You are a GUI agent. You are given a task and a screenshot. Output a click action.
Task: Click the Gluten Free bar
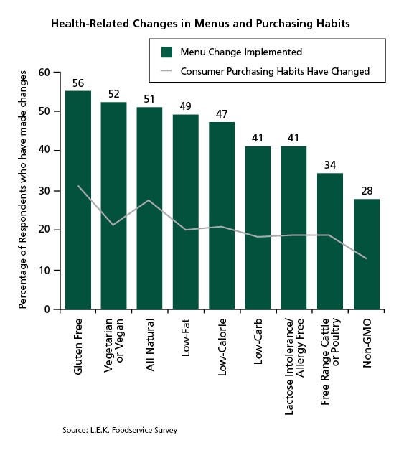coord(78,200)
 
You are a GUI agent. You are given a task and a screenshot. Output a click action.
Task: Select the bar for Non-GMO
coord(367,254)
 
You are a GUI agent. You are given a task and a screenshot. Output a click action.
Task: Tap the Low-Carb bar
coord(258,228)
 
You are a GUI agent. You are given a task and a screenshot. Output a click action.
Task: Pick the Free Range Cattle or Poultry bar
coord(330,241)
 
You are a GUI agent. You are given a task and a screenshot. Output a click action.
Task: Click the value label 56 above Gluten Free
coord(78,83)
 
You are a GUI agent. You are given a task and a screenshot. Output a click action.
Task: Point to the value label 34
coord(330,165)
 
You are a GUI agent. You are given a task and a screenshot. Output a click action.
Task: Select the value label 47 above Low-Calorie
coord(222,114)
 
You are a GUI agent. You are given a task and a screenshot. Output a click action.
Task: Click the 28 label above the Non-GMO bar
coord(367,191)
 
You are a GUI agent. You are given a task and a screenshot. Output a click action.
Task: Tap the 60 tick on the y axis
coord(44,73)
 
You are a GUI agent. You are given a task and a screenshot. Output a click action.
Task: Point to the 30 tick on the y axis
coord(44,191)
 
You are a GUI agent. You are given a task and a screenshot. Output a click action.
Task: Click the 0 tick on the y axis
coord(47,309)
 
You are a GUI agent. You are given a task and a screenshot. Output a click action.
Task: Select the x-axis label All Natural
coord(149,345)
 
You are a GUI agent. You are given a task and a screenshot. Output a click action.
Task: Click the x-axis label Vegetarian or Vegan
coord(113,345)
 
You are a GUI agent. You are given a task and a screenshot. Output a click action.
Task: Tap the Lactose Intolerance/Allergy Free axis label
coord(294,366)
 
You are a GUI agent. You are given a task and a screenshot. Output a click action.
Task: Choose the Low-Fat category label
coord(186,337)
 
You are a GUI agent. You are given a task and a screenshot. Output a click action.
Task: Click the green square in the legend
coord(166,52)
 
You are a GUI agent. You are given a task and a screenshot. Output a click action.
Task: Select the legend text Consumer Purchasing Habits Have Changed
coord(275,71)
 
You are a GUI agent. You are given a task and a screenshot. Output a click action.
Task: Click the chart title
coord(200,24)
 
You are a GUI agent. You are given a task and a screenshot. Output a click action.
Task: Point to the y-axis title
coord(22,190)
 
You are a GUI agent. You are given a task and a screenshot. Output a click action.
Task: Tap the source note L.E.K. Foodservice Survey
coord(120,430)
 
